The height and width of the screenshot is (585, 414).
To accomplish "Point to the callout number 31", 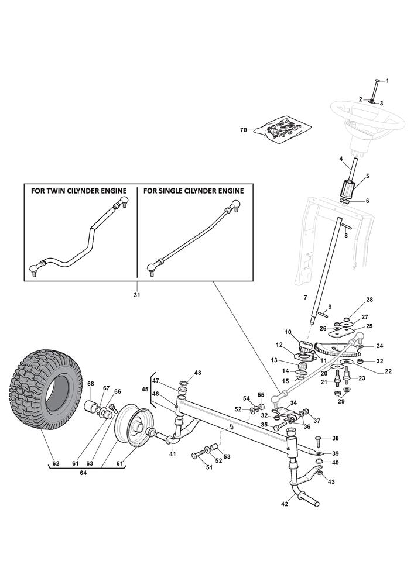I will pyautogui.click(x=137, y=295).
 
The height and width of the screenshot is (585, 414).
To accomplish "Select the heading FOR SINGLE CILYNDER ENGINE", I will pyautogui.click(x=193, y=191).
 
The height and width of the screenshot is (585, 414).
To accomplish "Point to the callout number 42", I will pyautogui.click(x=285, y=503).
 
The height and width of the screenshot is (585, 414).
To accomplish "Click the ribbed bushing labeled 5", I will pyautogui.click(x=348, y=190).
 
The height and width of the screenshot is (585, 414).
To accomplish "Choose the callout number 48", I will pyautogui.click(x=197, y=373).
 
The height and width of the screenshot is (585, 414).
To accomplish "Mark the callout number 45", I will pyautogui.click(x=145, y=389).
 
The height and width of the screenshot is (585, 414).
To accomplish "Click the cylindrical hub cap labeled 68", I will pyautogui.click(x=91, y=407).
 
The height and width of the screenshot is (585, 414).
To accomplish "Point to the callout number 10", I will pyautogui.click(x=288, y=332).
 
